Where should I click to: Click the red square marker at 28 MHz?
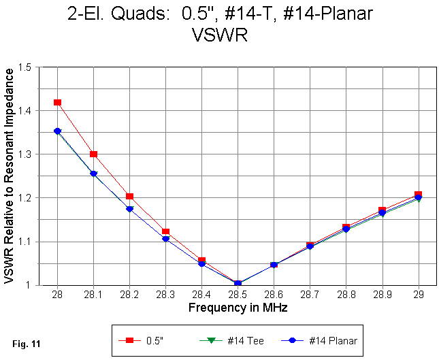click(57, 102)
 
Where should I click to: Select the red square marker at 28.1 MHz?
click(93, 154)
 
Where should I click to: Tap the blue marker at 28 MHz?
click(57, 131)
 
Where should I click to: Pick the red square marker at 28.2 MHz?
click(129, 197)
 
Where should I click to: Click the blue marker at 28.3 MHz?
click(165, 239)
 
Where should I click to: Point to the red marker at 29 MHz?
click(418, 195)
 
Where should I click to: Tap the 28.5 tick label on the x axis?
click(238, 295)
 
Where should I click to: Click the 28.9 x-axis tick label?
click(382, 295)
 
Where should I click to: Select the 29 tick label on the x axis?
click(418, 295)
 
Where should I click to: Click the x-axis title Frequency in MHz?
click(238, 308)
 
